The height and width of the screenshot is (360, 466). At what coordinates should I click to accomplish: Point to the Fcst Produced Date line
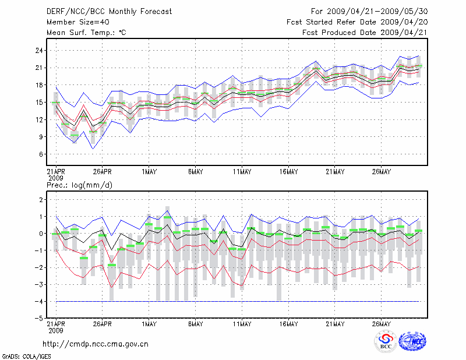tap(365, 33)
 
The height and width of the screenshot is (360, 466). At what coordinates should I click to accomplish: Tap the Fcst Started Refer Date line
tap(357, 22)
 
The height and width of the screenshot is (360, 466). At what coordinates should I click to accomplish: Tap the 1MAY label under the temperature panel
tap(149, 171)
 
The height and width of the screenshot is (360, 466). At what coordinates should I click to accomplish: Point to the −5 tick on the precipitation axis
tap(40, 319)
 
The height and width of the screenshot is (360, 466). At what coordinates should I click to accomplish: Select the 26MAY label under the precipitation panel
tap(381, 324)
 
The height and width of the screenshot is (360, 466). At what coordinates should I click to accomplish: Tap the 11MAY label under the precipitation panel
tap(242, 324)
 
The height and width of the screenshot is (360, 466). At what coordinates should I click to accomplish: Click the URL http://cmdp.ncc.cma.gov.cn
tap(96, 344)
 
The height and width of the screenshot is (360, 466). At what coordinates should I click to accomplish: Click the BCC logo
tap(386, 342)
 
